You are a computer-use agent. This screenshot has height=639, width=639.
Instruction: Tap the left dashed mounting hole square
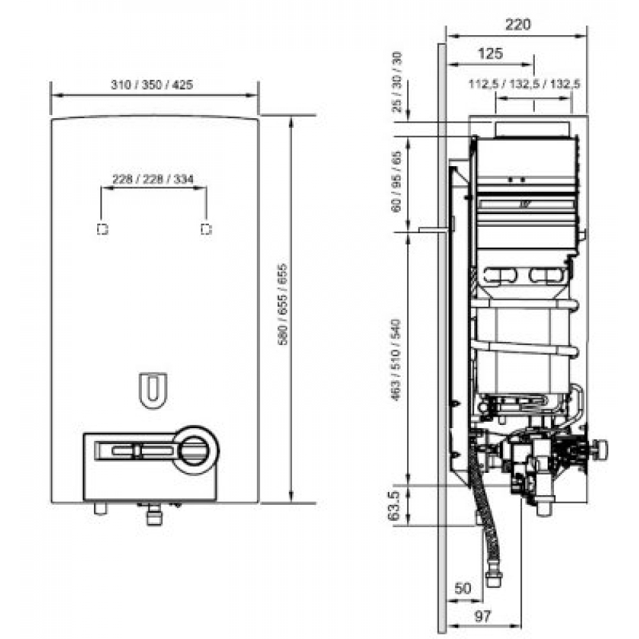[102, 229]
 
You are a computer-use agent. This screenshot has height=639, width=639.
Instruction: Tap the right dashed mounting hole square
[205, 229]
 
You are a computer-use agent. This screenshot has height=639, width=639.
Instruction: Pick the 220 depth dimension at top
[518, 25]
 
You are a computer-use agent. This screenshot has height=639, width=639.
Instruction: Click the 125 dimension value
[490, 54]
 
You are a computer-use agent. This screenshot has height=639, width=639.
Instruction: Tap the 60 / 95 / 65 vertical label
[397, 181]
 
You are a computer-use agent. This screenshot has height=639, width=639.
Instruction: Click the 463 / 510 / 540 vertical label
[397, 358]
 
